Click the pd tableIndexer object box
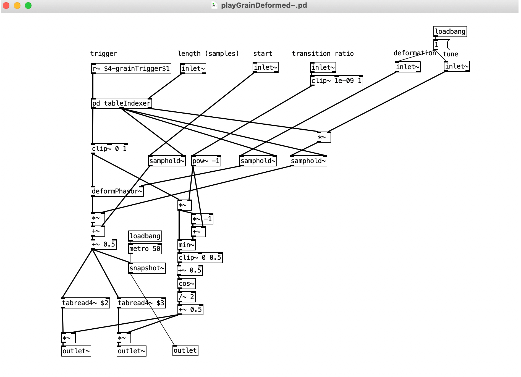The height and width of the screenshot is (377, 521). (122, 103)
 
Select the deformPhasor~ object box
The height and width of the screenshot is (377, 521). (117, 191)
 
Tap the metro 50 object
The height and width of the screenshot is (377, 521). (145, 249)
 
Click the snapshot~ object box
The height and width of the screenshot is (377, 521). (147, 268)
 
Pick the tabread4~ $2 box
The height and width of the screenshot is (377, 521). (85, 303)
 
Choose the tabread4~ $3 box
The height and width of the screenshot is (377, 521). (141, 303)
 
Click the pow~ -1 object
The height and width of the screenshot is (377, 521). (206, 161)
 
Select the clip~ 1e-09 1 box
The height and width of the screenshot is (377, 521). (336, 81)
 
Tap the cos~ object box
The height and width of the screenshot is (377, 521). (187, 284)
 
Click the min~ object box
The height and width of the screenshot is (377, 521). (187, 245)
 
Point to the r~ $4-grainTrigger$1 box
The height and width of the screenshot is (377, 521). (131, 69)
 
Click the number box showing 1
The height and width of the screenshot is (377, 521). (441, 45)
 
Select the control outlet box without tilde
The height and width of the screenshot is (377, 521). (185, 350)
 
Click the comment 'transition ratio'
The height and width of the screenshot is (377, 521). (323, 54)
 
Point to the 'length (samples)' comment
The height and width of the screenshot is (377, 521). (208, 54)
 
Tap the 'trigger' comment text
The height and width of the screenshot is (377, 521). (104, 54)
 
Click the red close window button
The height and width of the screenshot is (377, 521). (6, 6)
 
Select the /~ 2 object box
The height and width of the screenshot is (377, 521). (187, 297)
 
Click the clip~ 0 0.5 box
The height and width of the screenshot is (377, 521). (200, 258)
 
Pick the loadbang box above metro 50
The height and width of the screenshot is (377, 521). (145, 236)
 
